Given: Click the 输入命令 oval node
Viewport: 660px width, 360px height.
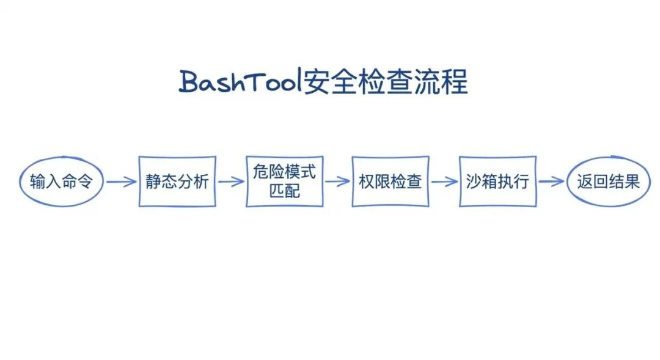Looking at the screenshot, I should pos(61,181).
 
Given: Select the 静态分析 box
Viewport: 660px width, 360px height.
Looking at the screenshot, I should pos(177,182).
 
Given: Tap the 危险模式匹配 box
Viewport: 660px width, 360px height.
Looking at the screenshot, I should pos(284,182).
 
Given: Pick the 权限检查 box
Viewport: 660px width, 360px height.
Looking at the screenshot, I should pos(391,182).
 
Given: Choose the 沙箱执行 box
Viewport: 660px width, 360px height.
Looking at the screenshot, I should pos(497,182).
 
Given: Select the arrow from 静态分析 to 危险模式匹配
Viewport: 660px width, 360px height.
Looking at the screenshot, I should pos(231,182).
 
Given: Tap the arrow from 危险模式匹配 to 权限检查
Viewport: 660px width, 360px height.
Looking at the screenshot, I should pos(337,182).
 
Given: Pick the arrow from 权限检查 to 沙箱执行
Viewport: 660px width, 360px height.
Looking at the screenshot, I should pos(444,182).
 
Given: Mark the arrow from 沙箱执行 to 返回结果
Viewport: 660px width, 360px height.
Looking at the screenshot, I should pos(551,182).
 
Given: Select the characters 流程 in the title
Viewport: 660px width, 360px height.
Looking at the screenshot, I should pos(447,83).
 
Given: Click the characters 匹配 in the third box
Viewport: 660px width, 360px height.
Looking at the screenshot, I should pos(284,191).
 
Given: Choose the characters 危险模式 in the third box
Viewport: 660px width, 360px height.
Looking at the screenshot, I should pos(284,172).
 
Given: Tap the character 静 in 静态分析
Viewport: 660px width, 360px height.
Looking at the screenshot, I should pos(153,182).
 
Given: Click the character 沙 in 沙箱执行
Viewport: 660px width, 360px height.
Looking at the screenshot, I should pos(474,182).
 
